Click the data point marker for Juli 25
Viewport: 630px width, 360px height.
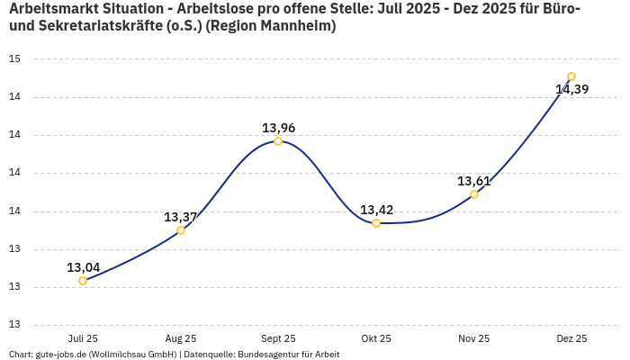coord(83,281)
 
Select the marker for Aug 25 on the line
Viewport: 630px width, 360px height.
coord(181,230)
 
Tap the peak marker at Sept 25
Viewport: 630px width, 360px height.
coord(278,141)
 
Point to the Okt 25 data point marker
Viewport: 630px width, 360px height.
coord(376,223)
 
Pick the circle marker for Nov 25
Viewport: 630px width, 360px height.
coord(474,194)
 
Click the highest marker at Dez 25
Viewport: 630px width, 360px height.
coord(571,76)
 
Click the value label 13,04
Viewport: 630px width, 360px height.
coord(83,267)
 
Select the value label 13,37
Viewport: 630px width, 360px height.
coord(181,217)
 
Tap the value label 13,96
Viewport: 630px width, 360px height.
coord(278,128)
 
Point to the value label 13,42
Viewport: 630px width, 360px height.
coord(376,210)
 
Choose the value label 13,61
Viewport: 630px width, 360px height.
coord(474,181)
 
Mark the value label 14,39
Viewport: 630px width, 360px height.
coord(571,89)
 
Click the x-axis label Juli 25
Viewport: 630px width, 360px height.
coord(83,338)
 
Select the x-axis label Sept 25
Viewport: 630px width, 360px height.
coord(278,338)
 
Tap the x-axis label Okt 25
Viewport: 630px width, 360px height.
coord(376,338)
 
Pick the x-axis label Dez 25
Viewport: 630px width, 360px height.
coord(571,338)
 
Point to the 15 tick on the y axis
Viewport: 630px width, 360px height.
coord(14,58)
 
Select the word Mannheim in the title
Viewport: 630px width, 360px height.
coord(298,26)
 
